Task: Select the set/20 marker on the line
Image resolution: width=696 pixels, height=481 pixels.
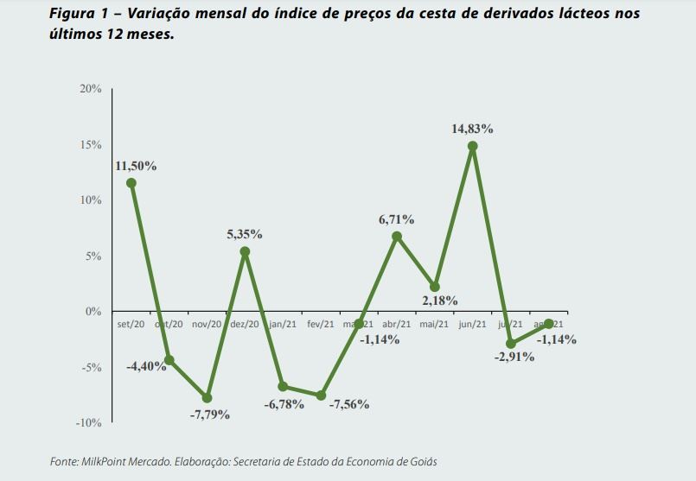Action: pyautogui.click(x=131, y=183)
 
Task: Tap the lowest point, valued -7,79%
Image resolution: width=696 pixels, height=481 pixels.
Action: pyautogui.click(x=207, y=398)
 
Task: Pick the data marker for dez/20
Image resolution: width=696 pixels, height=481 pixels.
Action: pyautogui.click(x=245, y=252)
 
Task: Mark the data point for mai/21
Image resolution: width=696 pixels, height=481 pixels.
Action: pyautogui.click(x=434, y=287)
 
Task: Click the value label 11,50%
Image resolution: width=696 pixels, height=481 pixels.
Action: pyautogui.click(x=136, y=166)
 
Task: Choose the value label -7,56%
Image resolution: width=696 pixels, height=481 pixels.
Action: pyautogui.click(x=348, y=404)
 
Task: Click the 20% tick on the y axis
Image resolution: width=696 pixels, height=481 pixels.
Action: pyautogui.click(x=91, y=89)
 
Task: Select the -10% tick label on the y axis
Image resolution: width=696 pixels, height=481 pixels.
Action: pyautogui.click(x=89, y=423)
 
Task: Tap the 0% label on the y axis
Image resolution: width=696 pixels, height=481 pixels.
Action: pyautogui.click(x=93, y=312)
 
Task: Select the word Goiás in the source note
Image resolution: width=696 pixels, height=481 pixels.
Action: pyautogui.click(x=420, y=462)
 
